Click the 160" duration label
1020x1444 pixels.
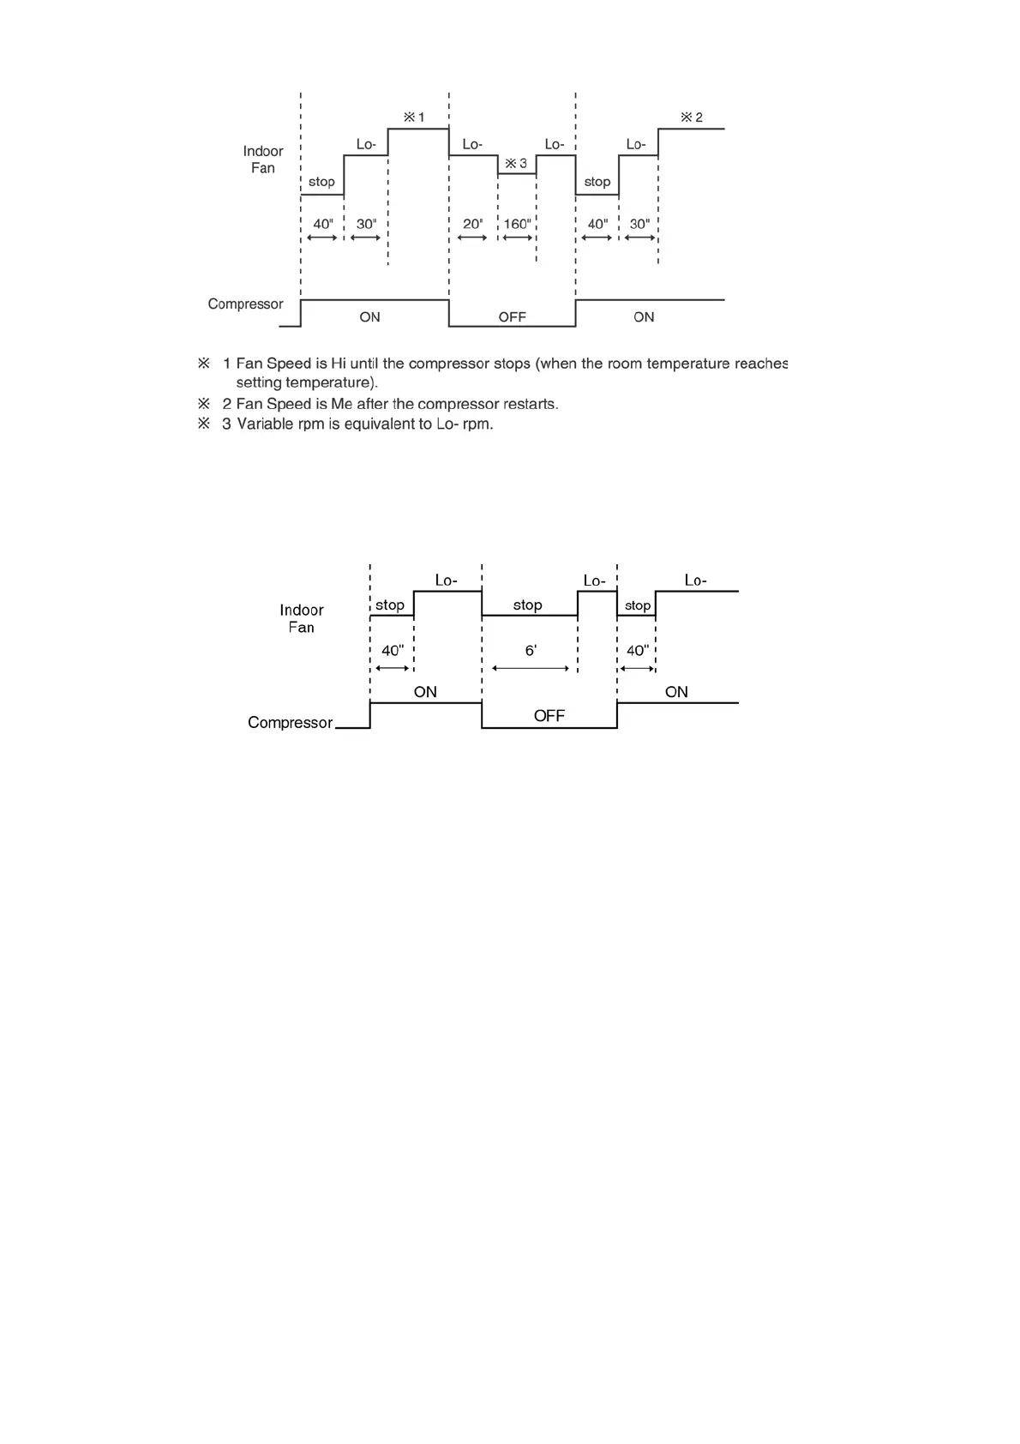tap(517, 224)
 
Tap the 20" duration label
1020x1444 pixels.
tap(472, 224)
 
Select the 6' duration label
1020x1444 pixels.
tap(531, 651)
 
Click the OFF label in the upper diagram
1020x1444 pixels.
tap(512, 317)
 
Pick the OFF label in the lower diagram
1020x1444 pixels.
tap(549, 716)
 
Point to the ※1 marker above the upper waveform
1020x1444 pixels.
tap(414, 117)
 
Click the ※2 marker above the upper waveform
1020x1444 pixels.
tap(692, 117)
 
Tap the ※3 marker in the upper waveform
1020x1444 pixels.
tap(516, 163)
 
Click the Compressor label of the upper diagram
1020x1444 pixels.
tap(245, 304)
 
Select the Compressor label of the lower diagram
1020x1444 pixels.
tap(290, 723)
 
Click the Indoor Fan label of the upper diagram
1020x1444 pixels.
tap(262, 159)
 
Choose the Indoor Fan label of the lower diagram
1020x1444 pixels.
tap(301, 618)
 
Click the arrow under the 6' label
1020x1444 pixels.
tap(531, 668)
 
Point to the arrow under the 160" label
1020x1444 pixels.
tap(517, 238)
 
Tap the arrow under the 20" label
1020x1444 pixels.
tap(472, 238)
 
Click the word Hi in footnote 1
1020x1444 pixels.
tap(339, 364)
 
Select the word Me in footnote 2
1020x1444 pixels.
tap(341, 404)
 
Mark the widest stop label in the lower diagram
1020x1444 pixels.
tap(527, 605)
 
